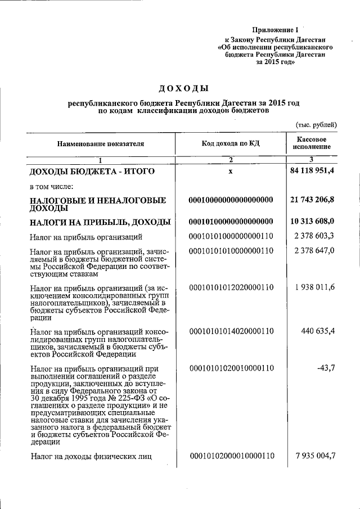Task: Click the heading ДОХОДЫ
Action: pyautogui.click(x=183, y=88)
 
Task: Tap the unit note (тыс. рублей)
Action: pyautogui.click(x=316, y=124)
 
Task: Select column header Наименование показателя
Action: pyautogui.click(x=100, y=144)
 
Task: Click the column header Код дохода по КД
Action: pyautogui.click(x=231, y=144)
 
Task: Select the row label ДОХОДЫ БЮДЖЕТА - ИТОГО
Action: pyautogui.click(x=92, y=171)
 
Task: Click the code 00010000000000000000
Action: pyautogui.click(x=231, y=200)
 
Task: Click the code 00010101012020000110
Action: pyautogui.click(x=231, y=287)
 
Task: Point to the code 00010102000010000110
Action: pyautogui.click(x=232, y=456)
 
